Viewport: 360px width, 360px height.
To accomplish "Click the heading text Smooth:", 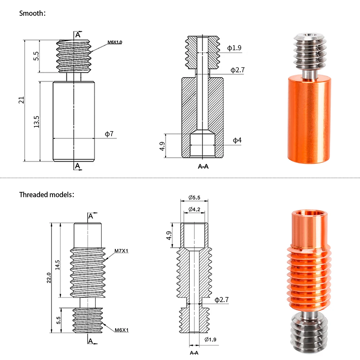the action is pyautogui.click(x=32, y=13).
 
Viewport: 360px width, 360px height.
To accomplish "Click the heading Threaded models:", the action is pyautogui.click(x=47, y=195).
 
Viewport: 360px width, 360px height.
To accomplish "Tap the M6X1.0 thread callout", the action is pyautogui.click(x=115, y=42).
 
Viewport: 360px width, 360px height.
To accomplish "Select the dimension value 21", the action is pyautogui.click(x=21, y=100).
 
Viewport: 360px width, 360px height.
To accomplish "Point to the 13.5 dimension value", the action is pyautogui.click(x=36, y=122).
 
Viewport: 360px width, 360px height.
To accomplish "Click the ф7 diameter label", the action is pyautogui.click(x=109, y=134).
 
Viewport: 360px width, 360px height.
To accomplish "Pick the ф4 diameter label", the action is pyautogui.click(x=237, y=140).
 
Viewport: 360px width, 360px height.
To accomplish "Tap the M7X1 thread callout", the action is pyautogui.click(x=121, y=251).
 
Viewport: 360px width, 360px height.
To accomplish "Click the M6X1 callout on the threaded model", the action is pyautogui.click(x=122, y=330).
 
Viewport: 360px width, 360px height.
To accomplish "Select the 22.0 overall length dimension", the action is pyautogui.click(x=49, y=278).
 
